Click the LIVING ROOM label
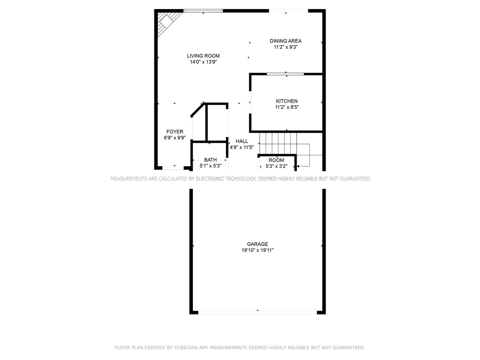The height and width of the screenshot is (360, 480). (203, 56)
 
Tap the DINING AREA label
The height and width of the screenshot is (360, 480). (286, 41)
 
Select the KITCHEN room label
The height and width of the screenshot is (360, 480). (287, 101)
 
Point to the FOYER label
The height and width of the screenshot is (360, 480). (175, 132)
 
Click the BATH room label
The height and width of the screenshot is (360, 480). (210, 160)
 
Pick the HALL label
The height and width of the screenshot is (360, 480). (242, 141)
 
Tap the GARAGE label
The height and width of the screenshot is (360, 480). (257, 244)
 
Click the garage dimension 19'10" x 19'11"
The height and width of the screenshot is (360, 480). (257, 250)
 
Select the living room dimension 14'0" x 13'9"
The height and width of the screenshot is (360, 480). (203, 62)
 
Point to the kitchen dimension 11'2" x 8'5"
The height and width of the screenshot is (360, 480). (287, 107)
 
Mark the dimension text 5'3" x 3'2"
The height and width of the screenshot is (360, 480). (276, 166)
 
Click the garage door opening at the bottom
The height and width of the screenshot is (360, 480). (257, 312)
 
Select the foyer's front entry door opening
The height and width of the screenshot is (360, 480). (173, 168)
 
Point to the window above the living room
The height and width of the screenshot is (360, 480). (203, 11)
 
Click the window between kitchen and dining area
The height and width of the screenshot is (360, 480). (285, 74)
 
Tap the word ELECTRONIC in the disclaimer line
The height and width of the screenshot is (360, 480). (210, 179)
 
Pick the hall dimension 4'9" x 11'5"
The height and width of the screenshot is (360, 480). (242, 147)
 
